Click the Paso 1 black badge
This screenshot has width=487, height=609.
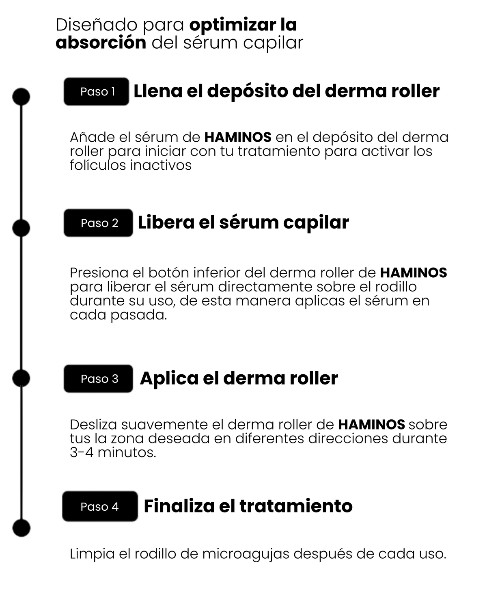pos(96,91)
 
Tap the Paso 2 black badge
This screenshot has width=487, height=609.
pos(98,223)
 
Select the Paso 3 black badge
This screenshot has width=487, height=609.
pos(98,379)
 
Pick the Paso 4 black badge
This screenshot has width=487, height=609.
pos(100,506)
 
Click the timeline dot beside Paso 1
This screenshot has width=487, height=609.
pos(21,97)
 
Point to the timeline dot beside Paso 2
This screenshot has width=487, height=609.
pos(21,228)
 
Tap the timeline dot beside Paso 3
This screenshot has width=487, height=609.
pos(21,378)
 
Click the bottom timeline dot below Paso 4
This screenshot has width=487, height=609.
pos(22,528)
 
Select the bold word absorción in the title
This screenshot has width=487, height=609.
pos(101,43)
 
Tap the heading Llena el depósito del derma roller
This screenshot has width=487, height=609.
pos(287,91)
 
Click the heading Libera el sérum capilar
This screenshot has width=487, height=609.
pos(243,222)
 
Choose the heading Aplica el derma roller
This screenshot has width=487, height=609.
pos(239,378)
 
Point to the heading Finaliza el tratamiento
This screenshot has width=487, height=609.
pos(248,506)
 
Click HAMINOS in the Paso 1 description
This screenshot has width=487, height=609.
pos(238,137)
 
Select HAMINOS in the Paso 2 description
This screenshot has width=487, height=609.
pos(414,273)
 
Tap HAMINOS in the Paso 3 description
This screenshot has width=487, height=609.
pos(372,425)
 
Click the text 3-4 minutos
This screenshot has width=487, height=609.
pos(113,453)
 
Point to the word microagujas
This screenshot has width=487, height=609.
pos(246,554)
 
